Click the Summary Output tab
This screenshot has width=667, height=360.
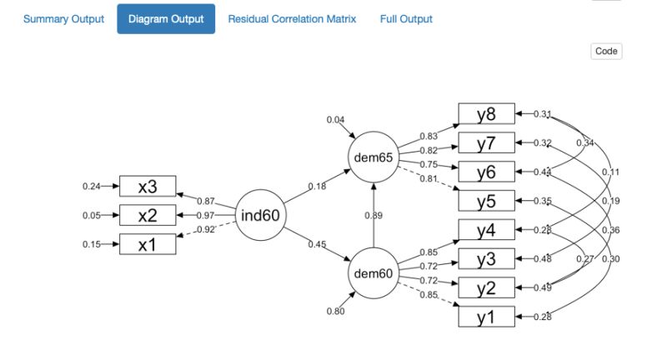[x=63, y=18]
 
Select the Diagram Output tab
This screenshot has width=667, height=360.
[x=166, y=18]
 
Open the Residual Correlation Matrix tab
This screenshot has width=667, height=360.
[x=292, y=18]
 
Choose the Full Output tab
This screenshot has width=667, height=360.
[x=406, y=18]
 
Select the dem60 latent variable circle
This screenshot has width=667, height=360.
[x=373, y=274]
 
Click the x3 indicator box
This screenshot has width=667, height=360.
[x=148, y=187]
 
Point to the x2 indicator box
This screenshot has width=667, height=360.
[x=148, y=215]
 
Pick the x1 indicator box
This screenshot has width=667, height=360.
[x=148, y=244]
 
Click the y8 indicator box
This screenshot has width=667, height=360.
[x=486, y=114]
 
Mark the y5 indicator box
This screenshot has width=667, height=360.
[x=486, y=201]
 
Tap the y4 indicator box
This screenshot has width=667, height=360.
[x=486, y=229]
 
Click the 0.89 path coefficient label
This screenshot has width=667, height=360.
[x=374, y=216]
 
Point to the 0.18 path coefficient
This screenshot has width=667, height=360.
[x=318, y=187]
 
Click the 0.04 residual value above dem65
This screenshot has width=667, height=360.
[x=336, y=120]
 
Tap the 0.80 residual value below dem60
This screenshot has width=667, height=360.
[x=336, y=312]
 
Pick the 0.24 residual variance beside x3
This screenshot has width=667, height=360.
[x=91, y=187]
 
